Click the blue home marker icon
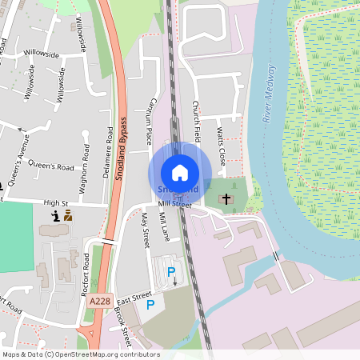tap(180, 172)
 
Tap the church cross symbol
tap(226, 198)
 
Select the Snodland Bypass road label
tap(122, 148)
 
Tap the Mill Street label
tap(176, 205)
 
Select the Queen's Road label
tap(50, 166)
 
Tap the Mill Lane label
tap(164, 227)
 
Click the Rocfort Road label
tap(84, 275)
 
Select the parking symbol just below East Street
tap(150, 305)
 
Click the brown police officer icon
tap(68, 215)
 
